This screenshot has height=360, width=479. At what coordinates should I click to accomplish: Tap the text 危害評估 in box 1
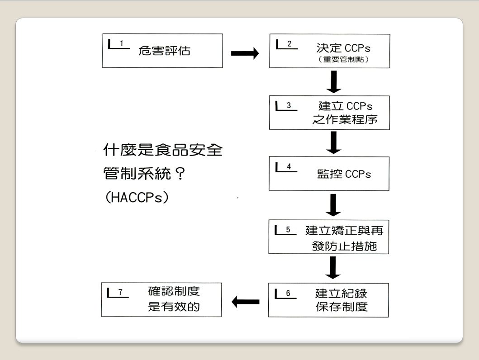coord(164,51)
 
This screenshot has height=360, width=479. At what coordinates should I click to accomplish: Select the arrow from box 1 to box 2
coord(245,54)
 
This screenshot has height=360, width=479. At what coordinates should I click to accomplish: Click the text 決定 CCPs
coord(343,48)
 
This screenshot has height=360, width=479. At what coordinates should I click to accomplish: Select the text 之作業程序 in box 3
coord(345,120)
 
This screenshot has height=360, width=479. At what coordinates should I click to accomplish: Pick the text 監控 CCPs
coord(344,175)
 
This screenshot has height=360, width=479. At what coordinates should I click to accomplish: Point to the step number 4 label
coord(289,166)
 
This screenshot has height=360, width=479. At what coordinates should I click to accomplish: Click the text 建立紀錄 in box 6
coord(341,293)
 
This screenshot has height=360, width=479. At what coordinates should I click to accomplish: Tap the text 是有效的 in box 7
coord(174,307)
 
